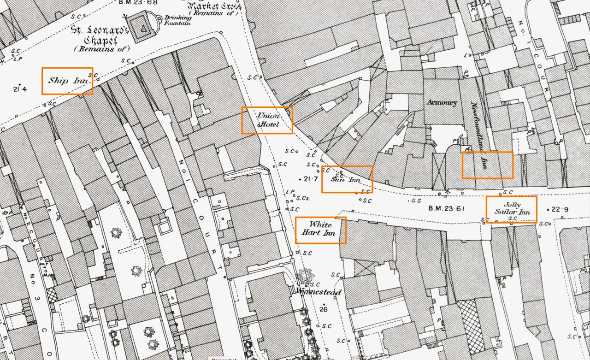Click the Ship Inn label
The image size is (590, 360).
coord(67,81)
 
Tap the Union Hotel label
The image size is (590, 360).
coord(267,120)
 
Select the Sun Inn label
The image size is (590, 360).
coord(347,179)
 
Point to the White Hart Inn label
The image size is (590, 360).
coord(320,229)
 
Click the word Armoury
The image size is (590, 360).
coord(442,102)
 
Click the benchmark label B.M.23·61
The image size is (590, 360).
coord(446,208)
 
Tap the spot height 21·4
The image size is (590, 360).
coord(20,89)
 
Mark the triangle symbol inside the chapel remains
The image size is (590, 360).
coord(144,29)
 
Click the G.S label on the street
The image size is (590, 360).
coord(416,201)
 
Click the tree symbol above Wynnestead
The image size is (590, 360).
coord(304,277)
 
